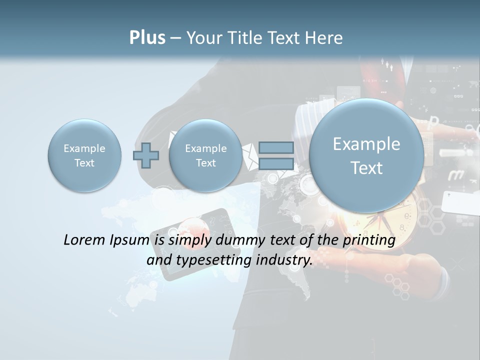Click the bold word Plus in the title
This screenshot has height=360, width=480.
(147, 38)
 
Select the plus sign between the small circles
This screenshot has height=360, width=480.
(145, 155)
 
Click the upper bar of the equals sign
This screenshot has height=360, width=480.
(276, 147)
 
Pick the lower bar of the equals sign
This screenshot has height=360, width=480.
(276, 164)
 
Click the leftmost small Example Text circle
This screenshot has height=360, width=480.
(84, 155)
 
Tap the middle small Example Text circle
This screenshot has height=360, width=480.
(205, 155)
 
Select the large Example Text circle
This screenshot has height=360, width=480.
(366, 155)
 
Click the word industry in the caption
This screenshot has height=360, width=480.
(283, 260)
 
